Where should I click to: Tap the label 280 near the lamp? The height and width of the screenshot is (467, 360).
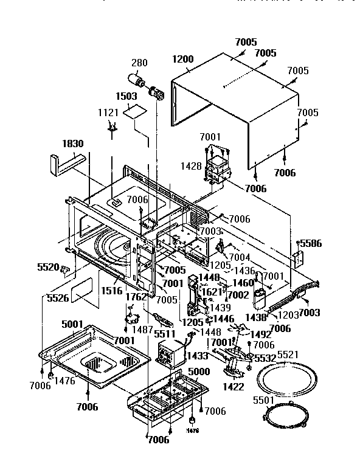pos(139,63)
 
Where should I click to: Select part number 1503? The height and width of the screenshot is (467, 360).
pos(128,96)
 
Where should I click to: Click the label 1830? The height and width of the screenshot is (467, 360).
pos(72,144)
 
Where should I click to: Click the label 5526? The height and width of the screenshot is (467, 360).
pos(58,299)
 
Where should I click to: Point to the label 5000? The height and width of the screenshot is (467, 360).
pos(199,371)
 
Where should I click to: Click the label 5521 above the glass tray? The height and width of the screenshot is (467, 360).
pos(289,354)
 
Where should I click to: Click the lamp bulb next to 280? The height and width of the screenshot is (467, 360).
pos(136,80)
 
